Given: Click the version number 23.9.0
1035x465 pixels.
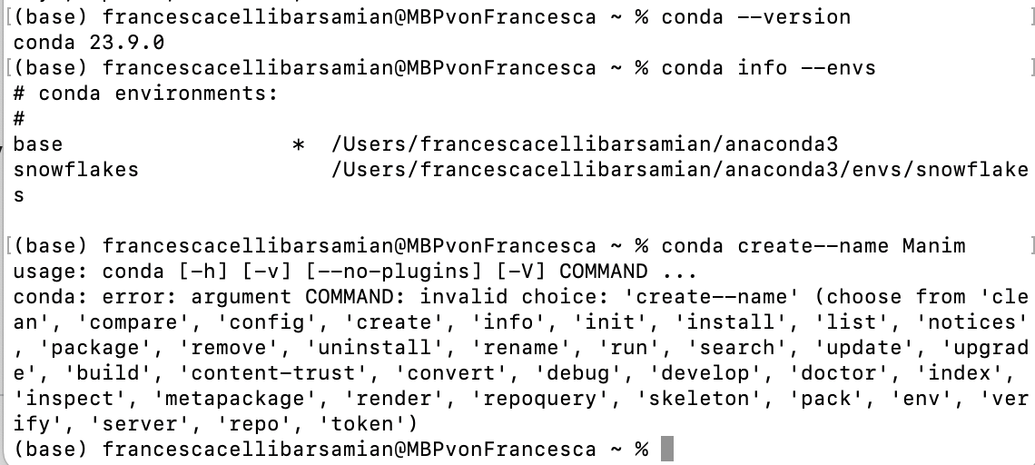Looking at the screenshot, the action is (126, 42).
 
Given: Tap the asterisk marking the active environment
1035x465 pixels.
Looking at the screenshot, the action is (298, 144).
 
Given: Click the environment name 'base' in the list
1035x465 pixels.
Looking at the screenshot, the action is (38, 144).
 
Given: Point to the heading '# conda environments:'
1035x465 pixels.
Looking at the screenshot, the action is (145, 93).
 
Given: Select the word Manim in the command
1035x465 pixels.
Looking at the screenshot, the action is (934, 245).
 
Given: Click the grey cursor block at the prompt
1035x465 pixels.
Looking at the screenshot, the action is (667, 450).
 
